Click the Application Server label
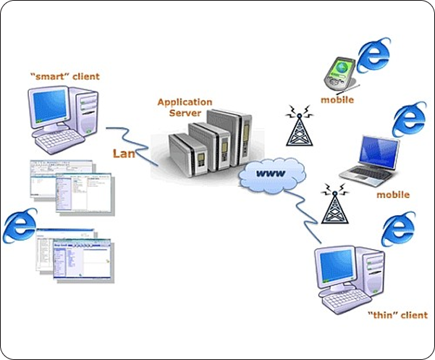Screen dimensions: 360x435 [x=185, y=108]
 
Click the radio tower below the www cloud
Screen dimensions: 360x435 [x=334, y=206]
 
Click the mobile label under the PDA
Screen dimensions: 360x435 [x=337, y=100]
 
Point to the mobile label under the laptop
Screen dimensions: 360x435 [x=392, y=194]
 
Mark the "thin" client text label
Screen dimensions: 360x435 [x=397, y=315]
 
